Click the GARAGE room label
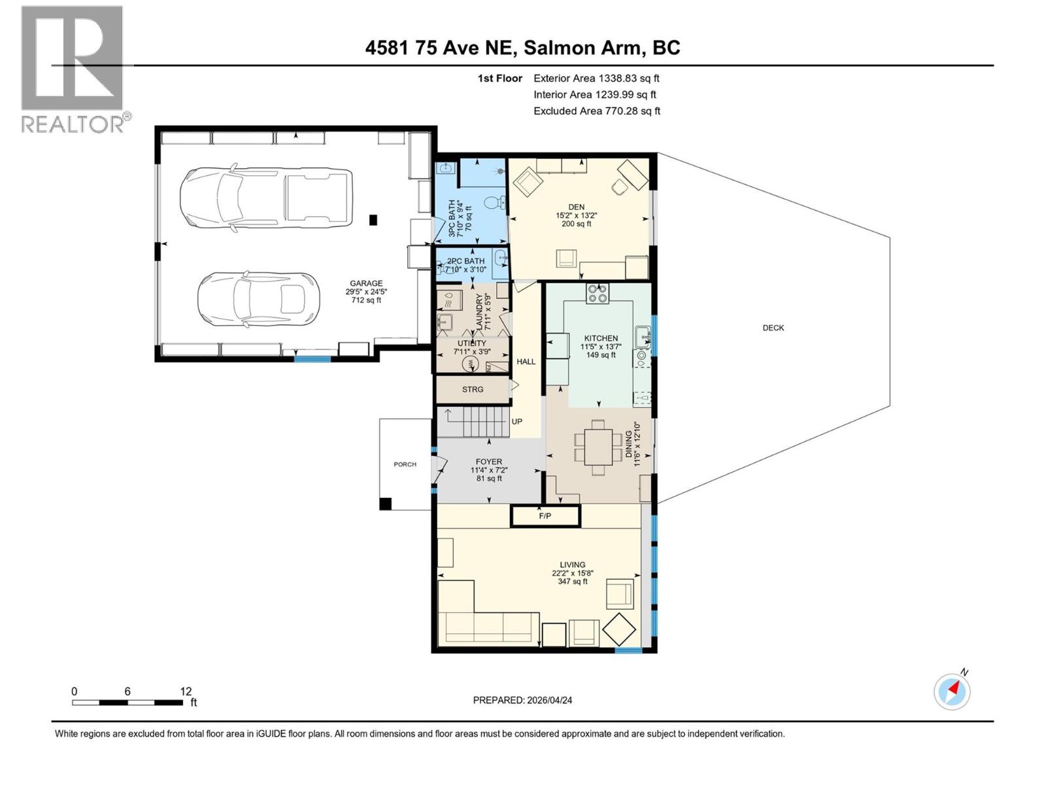pos(365,284)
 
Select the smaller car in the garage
pos(259,300)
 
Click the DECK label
pos(773,328)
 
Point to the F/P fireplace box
pos(545,516)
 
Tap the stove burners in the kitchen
pos(598,292)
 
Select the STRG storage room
pos(473,389)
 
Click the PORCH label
pos(405,464)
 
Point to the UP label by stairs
pos(516,421)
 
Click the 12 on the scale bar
pos(186,691)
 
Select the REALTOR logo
pos(73,69)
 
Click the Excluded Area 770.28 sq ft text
pos(596,111)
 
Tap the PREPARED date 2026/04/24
pos(522,700)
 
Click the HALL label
pos(526,361)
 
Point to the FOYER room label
pos(489,462)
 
